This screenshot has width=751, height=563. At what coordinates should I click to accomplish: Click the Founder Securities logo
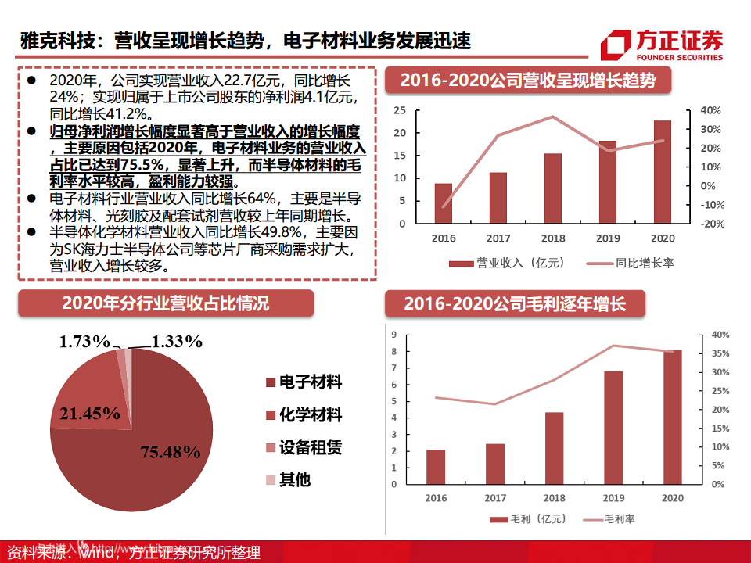pyautogui.click(x=662, y=45)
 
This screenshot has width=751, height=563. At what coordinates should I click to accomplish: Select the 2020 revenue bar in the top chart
pyautogui.click(x=662, y=172)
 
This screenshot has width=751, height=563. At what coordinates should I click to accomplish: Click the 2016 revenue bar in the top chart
pyautogui.click(x=443, y=203)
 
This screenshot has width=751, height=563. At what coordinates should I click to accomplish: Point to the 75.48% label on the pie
pyautogui.click(x=171, y=451)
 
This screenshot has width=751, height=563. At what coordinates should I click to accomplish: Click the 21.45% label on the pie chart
pyautogui.click(x=89, y=413)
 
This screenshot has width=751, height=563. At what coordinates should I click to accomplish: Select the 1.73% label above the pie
pyautogui.click(x=85, y=341)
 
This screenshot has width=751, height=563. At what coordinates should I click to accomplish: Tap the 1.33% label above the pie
pyautogui.click(x=177, y=341)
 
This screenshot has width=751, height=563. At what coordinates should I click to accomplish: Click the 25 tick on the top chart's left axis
pyautogui.click(x=400, y=109)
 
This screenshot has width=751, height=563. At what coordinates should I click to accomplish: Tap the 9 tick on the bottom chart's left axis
pyautogui.click(x=394, y=335)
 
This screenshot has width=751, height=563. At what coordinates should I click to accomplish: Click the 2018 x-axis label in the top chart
pyautogui.click(x=553, y=238)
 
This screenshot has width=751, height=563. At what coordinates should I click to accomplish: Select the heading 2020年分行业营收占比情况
pyautogui.click(x=165, y=303)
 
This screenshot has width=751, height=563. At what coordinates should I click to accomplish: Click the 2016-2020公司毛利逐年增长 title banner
pyautogui.click(x=515, y=303)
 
